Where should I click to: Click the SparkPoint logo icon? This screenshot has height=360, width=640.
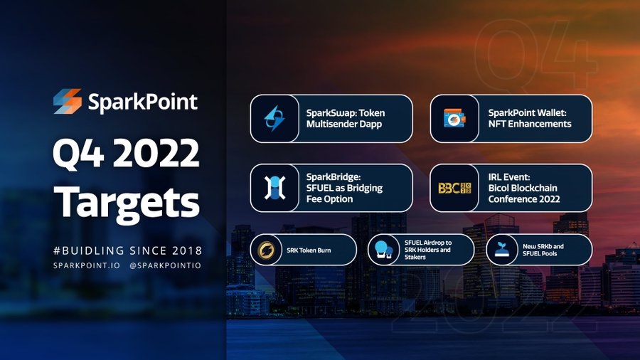coord(68,101)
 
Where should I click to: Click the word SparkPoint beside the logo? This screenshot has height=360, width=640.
coord(143,102)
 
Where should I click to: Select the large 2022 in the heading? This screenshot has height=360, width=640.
coord(156,153)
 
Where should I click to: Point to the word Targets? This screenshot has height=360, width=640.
coord(127,202)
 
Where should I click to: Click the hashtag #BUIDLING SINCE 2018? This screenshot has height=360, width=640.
coord(127,250)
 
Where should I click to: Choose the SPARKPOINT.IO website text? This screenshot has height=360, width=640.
coord(87,265)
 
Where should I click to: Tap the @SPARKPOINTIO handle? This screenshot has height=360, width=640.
coord(165,265)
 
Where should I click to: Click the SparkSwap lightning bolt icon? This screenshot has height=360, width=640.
coord(274,118)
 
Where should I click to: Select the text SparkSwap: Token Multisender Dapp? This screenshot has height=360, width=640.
coord(346,118)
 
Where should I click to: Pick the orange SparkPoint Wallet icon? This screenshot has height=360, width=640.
coord(454,118)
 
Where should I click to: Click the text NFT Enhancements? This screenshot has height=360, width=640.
coord(529,124)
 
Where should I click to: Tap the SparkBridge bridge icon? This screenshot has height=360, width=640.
coord(274,188)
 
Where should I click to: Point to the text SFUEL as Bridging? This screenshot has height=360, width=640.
coord(344,188)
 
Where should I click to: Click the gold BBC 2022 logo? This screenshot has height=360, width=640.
coord(454,188)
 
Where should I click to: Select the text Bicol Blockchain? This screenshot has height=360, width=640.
coord(523,188)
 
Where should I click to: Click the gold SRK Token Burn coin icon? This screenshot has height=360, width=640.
coord(266,250)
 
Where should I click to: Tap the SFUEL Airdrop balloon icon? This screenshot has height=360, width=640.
coord(383,250)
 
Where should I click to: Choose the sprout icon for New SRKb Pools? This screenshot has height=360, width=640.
coord(501,250)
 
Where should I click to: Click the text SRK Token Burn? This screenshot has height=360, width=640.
coord(309,250)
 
